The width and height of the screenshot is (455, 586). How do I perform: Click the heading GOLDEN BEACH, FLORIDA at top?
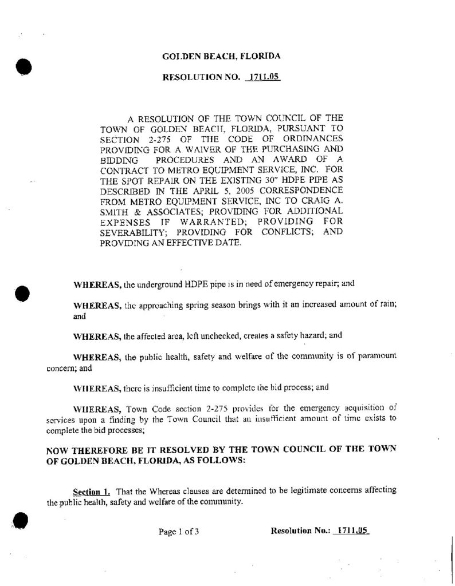click(221, 57)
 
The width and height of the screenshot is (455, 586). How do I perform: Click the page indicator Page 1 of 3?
click(179, 532)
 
